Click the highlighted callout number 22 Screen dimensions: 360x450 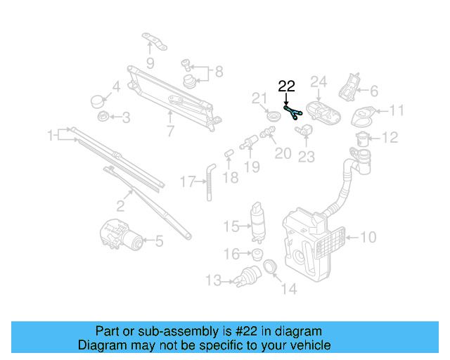pos(287,86)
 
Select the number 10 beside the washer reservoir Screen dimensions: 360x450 pos(368,238)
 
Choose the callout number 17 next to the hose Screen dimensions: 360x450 pos(186,182)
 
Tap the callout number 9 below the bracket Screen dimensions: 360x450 pos(150,63)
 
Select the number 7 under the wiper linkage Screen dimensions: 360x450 pos(170,131)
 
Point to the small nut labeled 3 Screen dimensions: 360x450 pos(103,117)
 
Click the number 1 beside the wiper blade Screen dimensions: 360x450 pos(51,134)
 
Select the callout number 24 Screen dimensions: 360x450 pos(319,83)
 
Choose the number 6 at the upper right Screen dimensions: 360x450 pos(374,90)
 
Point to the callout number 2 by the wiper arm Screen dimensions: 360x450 pos(120,206)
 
